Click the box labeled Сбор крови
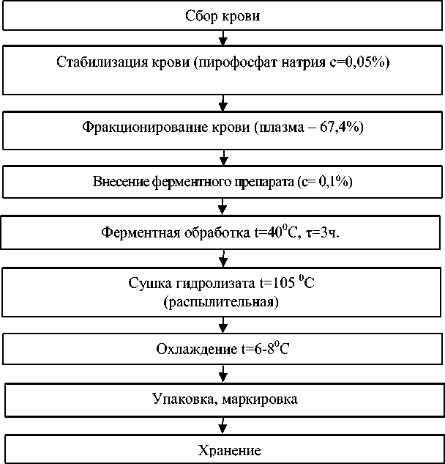pos(222,16)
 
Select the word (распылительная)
pos(222,301)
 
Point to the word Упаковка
pos(179,400)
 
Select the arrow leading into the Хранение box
pos(222,426)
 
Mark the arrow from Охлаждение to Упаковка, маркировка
pos(222,374)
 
